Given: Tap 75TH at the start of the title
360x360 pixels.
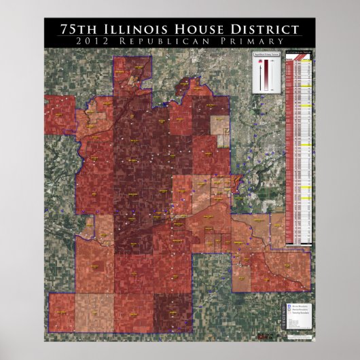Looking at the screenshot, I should click(x=76, y=29).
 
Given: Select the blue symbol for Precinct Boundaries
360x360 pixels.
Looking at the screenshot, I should click(x=291, y=306).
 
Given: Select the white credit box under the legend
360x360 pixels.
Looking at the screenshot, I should click(x=297, y=328).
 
